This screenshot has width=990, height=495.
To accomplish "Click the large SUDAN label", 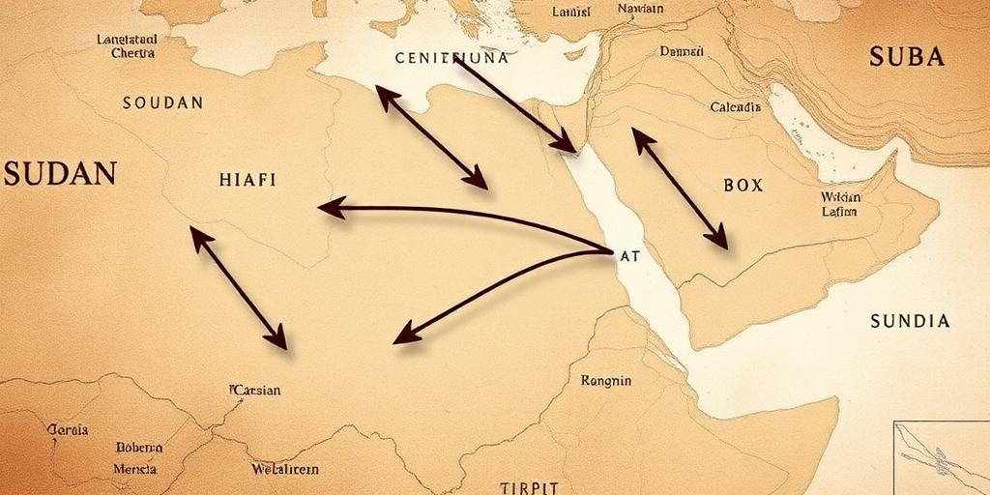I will (60, 174).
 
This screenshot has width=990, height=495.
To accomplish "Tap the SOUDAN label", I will (162, 102).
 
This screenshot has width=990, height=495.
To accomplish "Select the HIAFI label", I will (247, 180).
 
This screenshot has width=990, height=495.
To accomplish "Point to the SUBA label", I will (906, 57).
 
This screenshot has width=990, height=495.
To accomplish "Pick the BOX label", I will (742, 185).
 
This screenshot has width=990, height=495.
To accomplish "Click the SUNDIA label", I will (909, 321).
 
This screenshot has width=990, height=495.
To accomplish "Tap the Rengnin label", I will (606, 381).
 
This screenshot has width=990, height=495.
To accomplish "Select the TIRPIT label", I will (530, 487).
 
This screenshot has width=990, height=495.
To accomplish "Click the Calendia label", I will (735, 107).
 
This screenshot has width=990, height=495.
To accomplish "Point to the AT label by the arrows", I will (628, 257).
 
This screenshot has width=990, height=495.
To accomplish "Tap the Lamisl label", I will (570, 12).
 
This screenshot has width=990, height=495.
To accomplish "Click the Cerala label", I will (68, 429).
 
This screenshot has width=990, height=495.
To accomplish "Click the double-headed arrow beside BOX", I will (680, 189).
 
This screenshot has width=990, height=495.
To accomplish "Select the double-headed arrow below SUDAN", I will (238, 287).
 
